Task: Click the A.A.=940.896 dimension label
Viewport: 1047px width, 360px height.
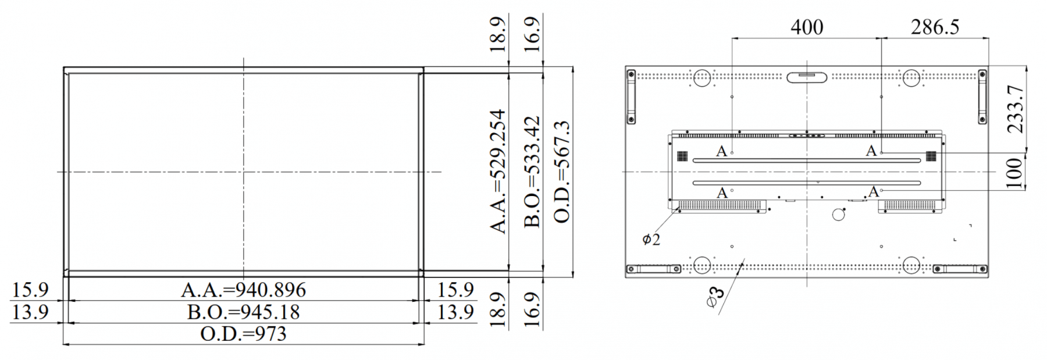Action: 243,290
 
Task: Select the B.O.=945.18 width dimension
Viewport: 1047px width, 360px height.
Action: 243,312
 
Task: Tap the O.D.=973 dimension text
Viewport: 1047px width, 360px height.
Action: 243,334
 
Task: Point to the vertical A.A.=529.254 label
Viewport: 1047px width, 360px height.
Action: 498,172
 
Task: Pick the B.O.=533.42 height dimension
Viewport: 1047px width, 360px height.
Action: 532,172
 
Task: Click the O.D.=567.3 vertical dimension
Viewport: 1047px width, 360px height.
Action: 562,172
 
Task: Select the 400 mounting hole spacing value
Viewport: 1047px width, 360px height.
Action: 807,27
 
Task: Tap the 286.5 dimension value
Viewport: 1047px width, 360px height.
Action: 935,27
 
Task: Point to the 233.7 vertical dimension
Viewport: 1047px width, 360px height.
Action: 1015,109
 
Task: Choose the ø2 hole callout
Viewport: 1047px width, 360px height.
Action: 651,239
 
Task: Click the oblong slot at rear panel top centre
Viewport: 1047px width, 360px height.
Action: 806,77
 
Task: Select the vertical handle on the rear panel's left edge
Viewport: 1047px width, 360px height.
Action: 631,97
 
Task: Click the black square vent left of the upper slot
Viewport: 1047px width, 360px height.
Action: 682,156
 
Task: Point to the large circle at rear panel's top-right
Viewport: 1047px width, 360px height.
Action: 911,78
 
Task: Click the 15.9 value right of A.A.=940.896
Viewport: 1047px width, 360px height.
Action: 455,290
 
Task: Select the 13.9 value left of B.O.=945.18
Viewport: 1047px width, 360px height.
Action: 30,312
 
